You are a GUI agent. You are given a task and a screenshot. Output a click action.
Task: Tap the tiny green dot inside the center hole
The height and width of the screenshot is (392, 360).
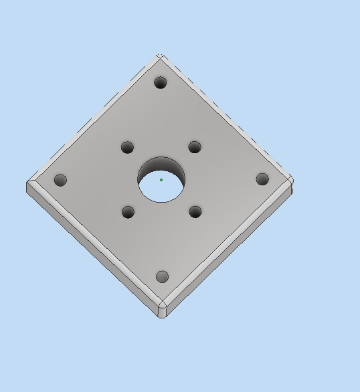161,179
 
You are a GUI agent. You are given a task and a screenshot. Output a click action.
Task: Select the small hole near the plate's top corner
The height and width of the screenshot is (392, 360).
160,82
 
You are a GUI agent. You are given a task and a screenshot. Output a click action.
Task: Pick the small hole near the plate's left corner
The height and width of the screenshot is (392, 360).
60,180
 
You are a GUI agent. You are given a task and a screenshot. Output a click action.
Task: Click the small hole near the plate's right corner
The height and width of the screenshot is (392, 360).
262,179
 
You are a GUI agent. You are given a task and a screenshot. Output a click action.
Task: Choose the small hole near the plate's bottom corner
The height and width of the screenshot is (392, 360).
162,276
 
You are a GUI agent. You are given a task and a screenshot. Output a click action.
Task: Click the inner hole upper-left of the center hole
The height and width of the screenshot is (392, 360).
127,147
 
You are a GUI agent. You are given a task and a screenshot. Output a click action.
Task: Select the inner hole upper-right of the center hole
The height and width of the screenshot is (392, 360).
195,146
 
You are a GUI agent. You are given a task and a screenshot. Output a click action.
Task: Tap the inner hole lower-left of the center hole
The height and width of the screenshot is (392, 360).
128,212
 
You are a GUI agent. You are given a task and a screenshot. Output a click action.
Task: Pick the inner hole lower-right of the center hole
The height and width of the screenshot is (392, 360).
195,211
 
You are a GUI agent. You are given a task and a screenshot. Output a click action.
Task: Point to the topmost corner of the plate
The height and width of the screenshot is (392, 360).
160,56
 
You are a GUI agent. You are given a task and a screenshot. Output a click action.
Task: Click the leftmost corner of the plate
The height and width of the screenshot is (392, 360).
27,183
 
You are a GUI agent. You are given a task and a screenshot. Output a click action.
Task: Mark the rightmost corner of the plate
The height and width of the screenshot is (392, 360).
292,180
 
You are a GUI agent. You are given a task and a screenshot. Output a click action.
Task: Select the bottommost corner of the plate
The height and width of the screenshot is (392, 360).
162,316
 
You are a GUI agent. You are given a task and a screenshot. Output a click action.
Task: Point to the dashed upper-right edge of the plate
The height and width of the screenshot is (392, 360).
228,116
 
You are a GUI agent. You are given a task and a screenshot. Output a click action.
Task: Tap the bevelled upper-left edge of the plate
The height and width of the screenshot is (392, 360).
94,118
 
